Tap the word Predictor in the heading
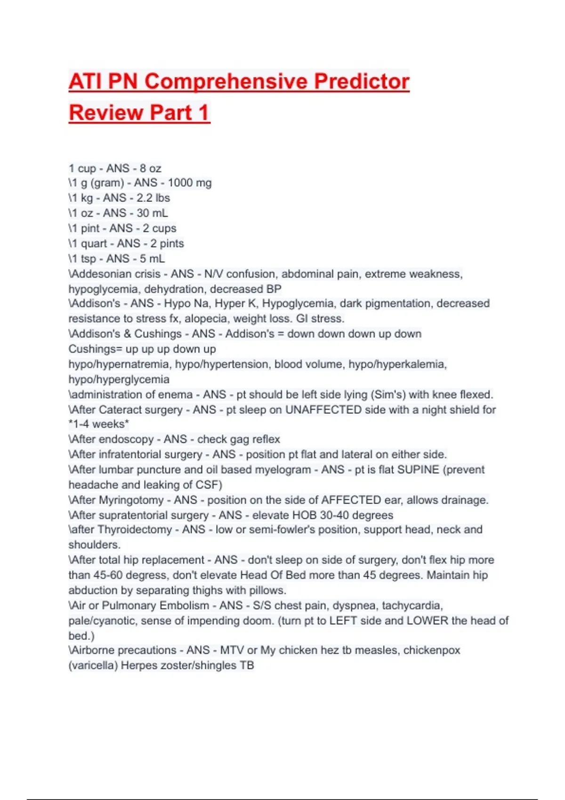pyautogui.click(x=362, y=81)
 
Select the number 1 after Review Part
pyautogui.click(x=203, y=112)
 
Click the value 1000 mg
pyautogui.click(x=190, y=183)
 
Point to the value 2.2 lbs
pyautogui.click(x=153, y=198)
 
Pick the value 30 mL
pyautogui.click(x=152, y=213)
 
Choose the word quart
pyautogui.click(x=94, y=243)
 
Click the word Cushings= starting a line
pyautogui.click(x=95, y=349)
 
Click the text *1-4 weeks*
pyautogui.click(x=98, y=424)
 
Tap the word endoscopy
pyautogui.click(x=126, y=439)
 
